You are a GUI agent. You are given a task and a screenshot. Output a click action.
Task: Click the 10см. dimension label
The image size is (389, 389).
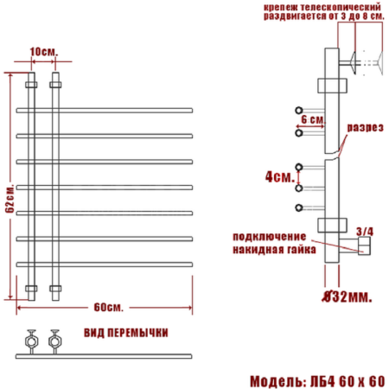pyautogui.click(x=43, y=53)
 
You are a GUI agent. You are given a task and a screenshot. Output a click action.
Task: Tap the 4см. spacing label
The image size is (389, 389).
pyautogui.click(x=277, y=176)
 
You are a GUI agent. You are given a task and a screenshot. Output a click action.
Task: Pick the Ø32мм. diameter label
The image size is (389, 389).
pyautogui.click(x=348, y=297)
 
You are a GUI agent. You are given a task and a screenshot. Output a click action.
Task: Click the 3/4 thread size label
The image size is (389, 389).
pyautogui.click(x=365, y=231)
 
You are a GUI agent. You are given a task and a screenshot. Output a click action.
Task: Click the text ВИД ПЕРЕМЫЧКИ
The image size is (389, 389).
pyautogui.click(x=126, y=333)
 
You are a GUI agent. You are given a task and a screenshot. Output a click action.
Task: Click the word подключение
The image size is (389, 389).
pyautogui.click(x=269, y=236)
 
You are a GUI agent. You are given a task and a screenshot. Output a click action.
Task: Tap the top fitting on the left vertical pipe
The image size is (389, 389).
pyautogui.click(x=32, y=86)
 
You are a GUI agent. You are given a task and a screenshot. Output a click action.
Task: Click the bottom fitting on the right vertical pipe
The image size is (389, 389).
pyautogui.click(x=56, y=287)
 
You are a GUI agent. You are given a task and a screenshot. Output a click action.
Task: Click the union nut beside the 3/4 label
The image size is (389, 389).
pyautogui.click(x=361, y=249)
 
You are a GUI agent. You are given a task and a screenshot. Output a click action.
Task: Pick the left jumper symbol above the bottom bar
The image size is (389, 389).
pyautogui.click(x=34, y=339)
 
